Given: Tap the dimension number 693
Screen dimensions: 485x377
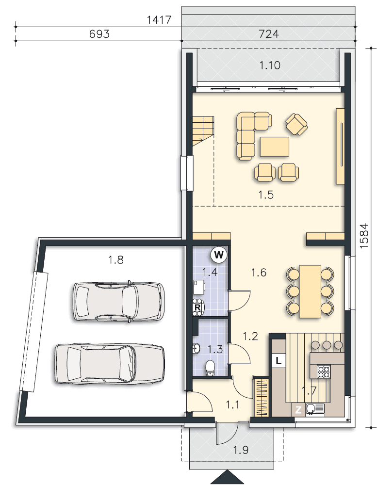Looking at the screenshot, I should tap(99, 34).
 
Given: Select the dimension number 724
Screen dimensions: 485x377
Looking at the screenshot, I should tap(269, 34).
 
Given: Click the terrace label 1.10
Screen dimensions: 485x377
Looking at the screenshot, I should tap(270, 65).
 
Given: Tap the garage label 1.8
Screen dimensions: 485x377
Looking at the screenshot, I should tap(115, 260).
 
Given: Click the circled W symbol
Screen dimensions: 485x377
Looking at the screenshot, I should tap(219, 253).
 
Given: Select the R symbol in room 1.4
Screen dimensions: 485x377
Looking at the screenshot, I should tap(198, 307).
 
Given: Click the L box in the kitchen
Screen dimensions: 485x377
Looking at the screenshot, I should tap(278, 360).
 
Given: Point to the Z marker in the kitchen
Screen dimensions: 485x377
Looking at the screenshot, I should tap(299, 410).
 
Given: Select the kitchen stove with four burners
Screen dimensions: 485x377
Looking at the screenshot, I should tap(324, 372).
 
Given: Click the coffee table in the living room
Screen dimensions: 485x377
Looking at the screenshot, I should tap(275, 146).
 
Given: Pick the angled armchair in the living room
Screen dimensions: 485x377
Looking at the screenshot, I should tap(296, 124).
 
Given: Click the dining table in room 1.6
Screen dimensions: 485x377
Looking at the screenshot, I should tap(310, 291).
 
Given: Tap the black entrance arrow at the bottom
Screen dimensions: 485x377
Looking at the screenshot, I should tap(227, 478).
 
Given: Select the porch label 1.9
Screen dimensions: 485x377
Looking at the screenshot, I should tap(241, 450).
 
